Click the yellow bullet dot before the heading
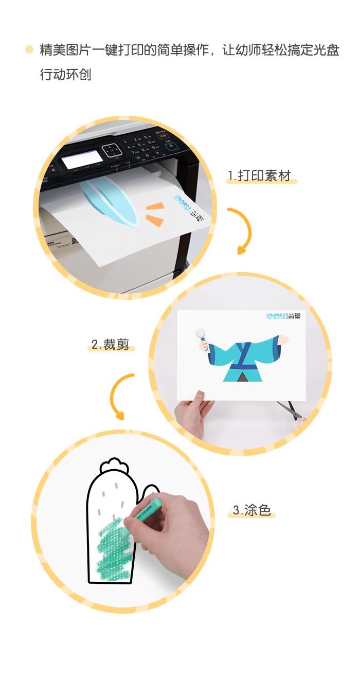29,50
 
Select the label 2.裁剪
110,345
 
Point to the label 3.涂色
251,510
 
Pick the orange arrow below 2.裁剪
121,395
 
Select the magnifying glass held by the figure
202,335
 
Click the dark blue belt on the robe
242,367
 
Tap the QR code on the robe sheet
297,316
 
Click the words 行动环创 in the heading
65,74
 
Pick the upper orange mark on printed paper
155,207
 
